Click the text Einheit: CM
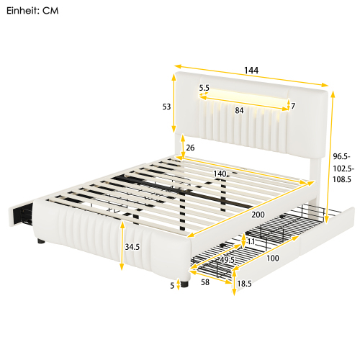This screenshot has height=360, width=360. pos(34,12)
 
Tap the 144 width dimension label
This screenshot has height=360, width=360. pos(250,71)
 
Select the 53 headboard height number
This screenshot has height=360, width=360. pos(166,107)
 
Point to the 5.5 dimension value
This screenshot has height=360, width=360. pos(204,89)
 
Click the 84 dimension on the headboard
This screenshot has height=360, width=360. pos(239,110)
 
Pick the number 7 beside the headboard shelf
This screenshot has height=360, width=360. pos(292,107)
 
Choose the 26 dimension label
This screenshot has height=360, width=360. pos(190,149)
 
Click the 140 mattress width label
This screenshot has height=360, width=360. pos(220,174)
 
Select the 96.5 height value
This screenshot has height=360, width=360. pos(341,156)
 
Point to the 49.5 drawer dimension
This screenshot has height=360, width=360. pos(228,260)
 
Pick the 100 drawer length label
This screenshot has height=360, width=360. pos(274,258)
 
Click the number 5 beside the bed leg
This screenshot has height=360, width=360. pos(172,285)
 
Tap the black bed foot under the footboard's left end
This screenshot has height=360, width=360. pos(38,246)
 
